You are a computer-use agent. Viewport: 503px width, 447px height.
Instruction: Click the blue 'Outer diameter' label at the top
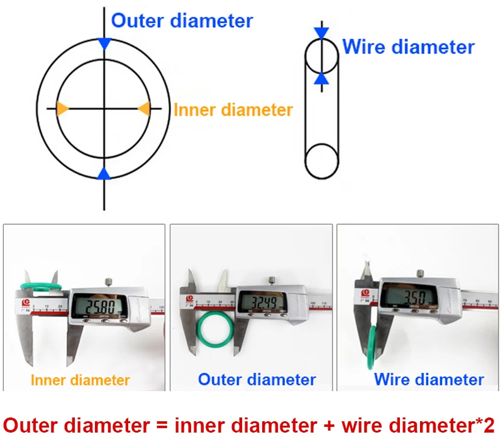click(x=182, y=20)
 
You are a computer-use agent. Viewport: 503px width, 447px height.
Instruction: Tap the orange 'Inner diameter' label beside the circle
click(x=233, y=110)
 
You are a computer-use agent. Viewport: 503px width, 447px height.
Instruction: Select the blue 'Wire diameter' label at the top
click(x=408, y=47)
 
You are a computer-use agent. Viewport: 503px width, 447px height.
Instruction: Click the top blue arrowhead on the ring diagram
click(x=104, y=43)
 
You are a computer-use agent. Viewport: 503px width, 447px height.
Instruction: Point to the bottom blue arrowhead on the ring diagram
click(x=104, y=173)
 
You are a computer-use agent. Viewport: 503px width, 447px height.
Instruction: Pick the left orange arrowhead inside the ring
click(x=62, y=108)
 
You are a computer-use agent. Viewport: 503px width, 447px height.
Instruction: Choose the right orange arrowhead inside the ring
click(x=144, y=108)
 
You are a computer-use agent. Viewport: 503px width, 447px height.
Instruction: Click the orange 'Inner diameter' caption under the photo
click(x=80, y=380)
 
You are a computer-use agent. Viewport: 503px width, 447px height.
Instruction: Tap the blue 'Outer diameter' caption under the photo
click(x=257, y=379)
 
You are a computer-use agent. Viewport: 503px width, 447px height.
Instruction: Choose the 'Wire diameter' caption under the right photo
click(x=429, y=379)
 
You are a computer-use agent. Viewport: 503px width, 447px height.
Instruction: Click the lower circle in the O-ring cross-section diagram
click(x=321, y=160)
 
